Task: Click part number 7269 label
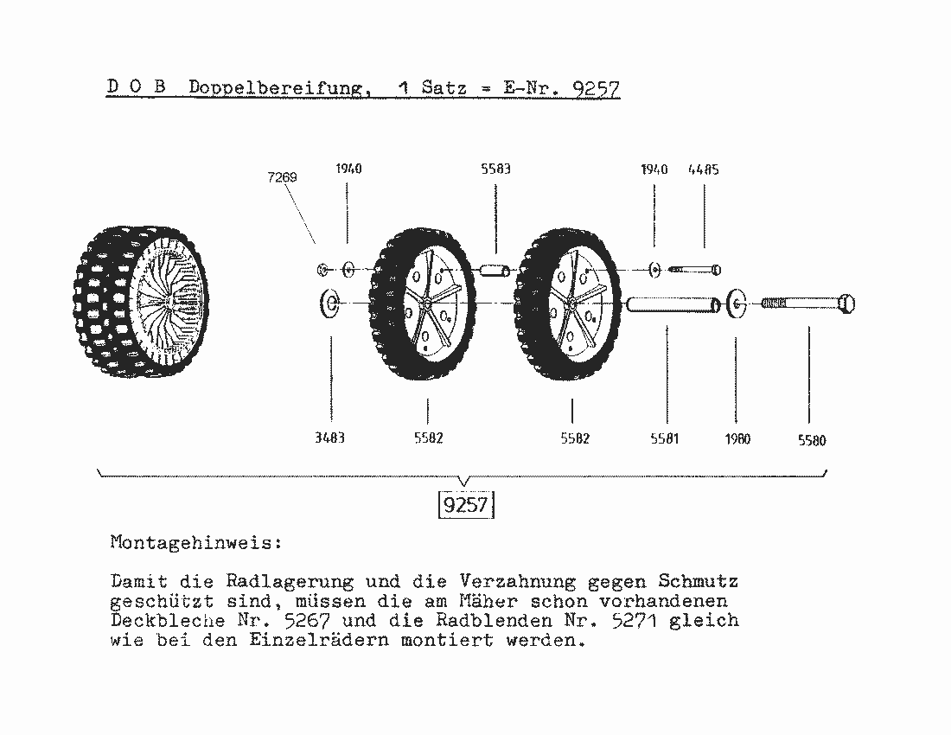tap(282, 177)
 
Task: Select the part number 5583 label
tap(495, 169)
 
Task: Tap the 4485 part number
tap(704, 169)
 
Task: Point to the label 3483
tap(329, 438)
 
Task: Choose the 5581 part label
tap(664, 438)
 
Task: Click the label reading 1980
tap(737, 439)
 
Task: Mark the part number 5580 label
tap(812, 441)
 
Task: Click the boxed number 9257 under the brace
tap(466, 504)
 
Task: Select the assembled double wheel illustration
tap(141, 302)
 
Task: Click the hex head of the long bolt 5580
tap(846, 304)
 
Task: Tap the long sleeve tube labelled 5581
tap(673, 304)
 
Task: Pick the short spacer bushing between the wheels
tap(495, 269)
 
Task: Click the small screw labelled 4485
tap(694, 269)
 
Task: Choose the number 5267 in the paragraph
tap(307, 620)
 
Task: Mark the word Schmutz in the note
tap(698, 581)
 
